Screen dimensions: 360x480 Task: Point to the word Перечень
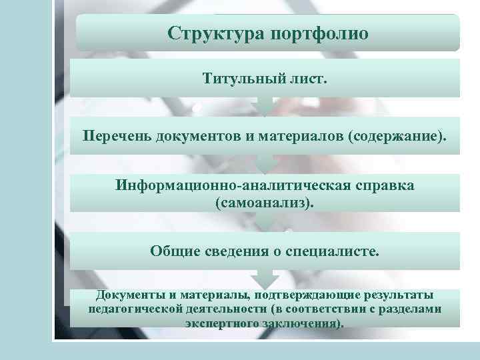(x=117, y=136)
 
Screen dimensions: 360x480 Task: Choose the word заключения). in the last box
(x=306, y=323)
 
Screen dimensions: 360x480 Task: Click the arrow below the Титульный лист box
(x=265, y=106)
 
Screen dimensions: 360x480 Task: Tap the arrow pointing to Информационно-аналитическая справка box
(x=265, y=163)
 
